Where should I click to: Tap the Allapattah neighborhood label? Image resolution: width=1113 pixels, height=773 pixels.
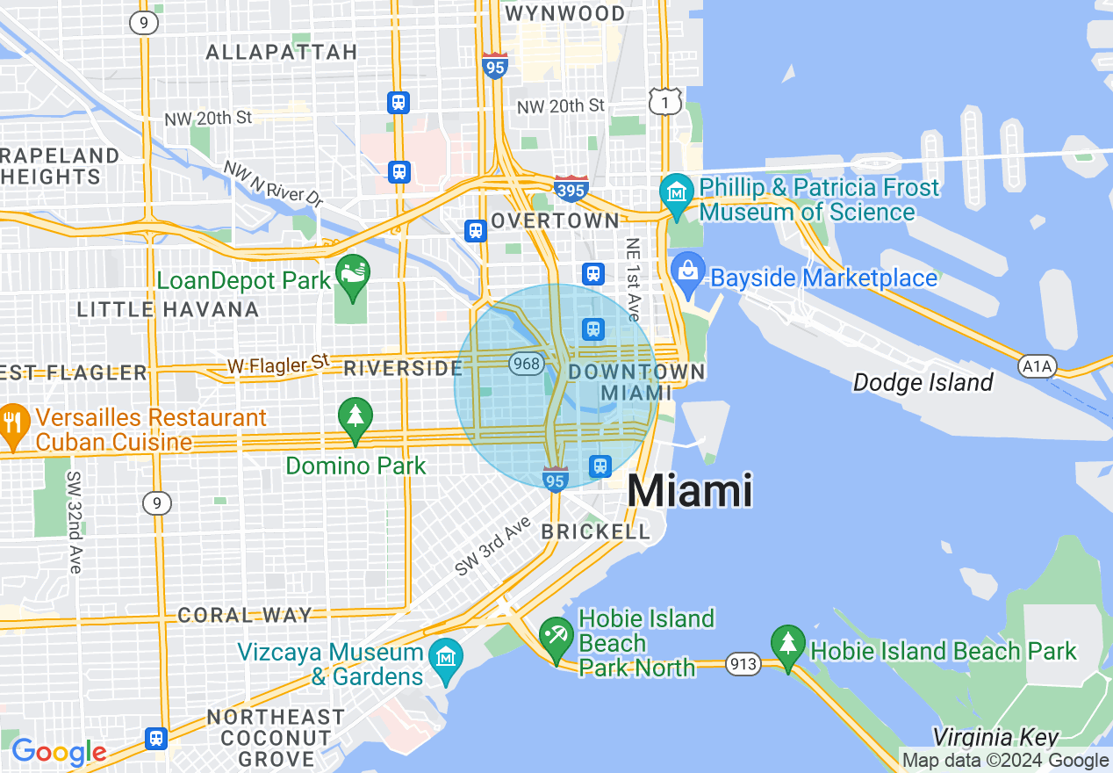281,53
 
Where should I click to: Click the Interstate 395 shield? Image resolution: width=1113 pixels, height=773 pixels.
571,188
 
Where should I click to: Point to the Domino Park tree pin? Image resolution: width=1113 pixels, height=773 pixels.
355,417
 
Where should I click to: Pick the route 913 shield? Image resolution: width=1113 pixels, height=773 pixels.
743,663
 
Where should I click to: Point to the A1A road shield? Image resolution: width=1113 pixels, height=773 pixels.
1037,366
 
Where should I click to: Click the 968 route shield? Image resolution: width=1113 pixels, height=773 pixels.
527,363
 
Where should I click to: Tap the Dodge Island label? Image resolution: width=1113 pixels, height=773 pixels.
923,383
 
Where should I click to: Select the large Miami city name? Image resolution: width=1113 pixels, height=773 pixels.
690,490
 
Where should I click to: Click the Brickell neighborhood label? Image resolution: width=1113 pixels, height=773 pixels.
596,531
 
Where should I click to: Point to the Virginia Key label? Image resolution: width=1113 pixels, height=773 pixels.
995,738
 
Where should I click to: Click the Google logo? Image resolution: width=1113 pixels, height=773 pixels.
58,752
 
